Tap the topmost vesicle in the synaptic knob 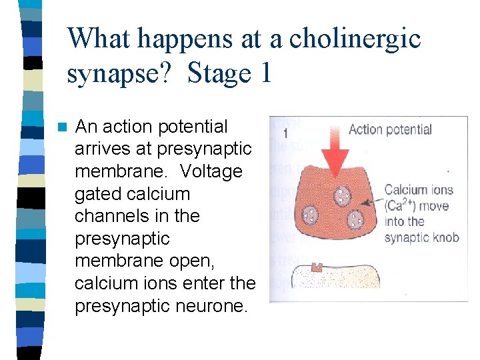[343, 196]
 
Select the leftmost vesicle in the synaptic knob [311, 215]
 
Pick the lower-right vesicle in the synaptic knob [355, 219]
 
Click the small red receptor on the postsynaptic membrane [317, 267]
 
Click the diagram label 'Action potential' [390, 129]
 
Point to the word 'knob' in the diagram [443, 237]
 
